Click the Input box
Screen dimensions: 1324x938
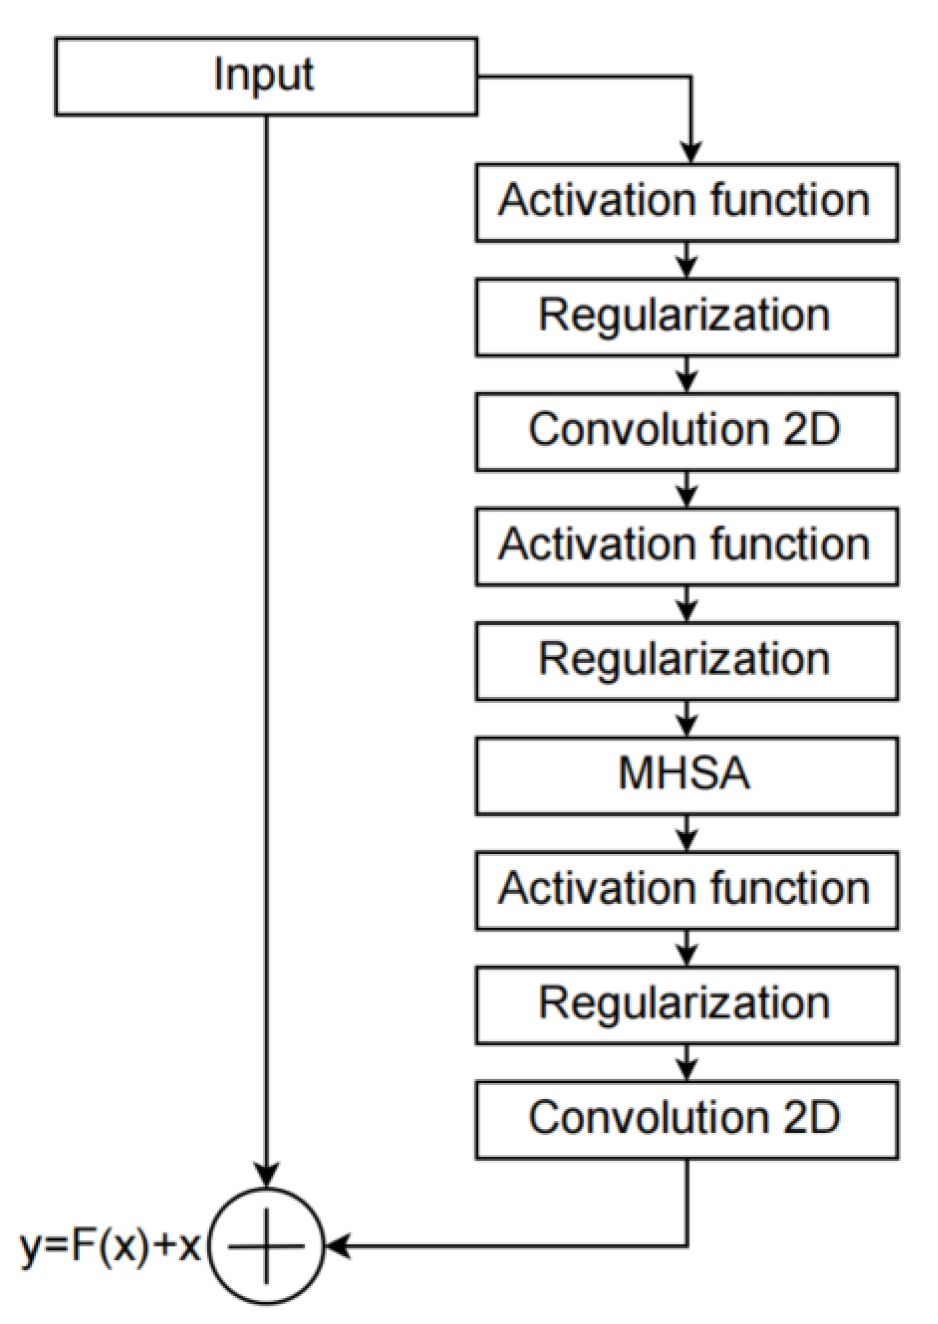[x=266, y=76]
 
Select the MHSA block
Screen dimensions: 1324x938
[x=686, y=774]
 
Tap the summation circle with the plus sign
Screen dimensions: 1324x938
[x=266, y=1246]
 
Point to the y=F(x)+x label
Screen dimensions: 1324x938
[x=110, y=1246]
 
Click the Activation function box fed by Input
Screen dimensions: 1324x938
[x=686, y=201]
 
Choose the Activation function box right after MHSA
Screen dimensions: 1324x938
[x=686, y=889]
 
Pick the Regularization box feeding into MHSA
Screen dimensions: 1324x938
[x=686, y=660]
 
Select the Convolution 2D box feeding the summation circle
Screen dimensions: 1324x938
[x=686, y=1119]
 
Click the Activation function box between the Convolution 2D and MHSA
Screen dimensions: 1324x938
[x=686, y=546]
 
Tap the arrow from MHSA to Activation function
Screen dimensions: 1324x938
[x=687, y=834]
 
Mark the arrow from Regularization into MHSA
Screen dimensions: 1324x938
[x=687, y=719]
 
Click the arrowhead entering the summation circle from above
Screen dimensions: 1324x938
[x=266, y=1175]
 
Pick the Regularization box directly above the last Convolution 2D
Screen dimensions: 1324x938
[x=686, y=1004]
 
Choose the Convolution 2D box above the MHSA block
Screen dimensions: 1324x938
[x=686, y=431]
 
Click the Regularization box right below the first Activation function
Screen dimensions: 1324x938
[x=686, y=316]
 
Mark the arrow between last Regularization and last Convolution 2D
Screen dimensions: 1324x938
[x=687, y=1063]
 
